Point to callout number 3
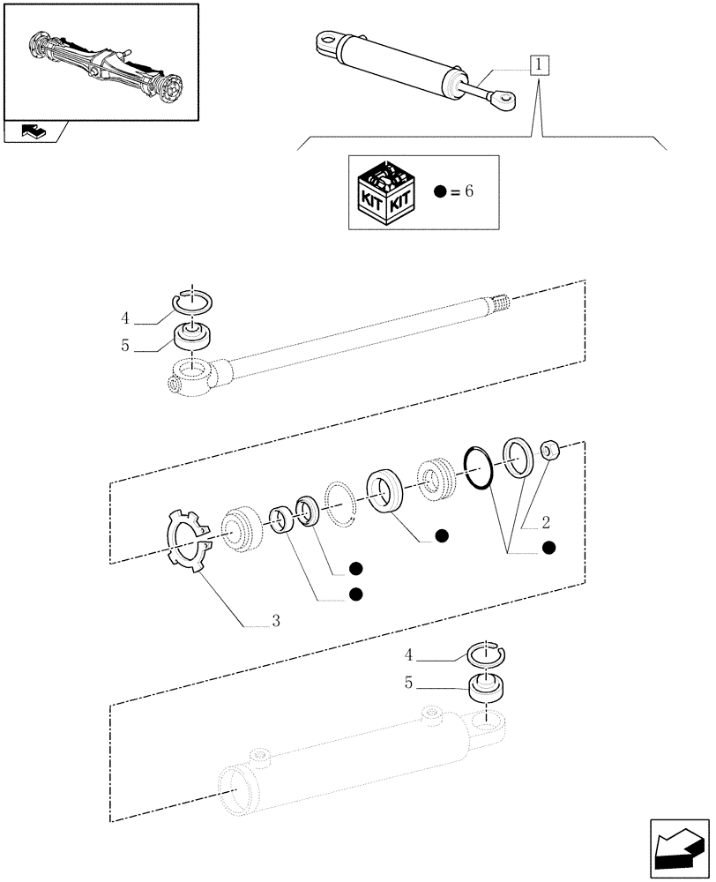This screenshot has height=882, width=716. coord(276,622)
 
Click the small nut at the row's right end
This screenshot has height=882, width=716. coord(551,452)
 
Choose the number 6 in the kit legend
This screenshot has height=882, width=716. coord(468,192)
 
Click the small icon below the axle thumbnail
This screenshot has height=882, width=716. coord(34,132)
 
